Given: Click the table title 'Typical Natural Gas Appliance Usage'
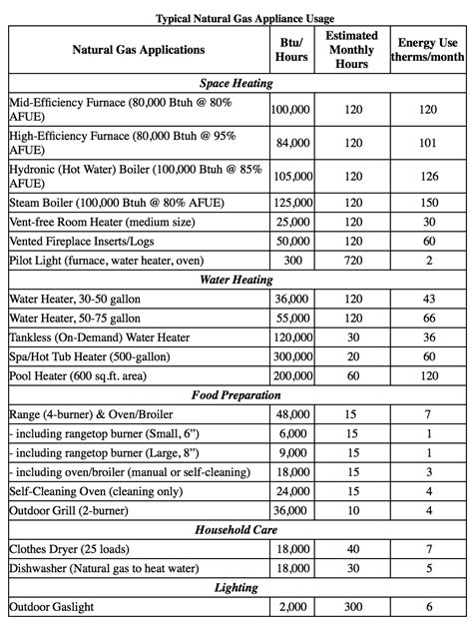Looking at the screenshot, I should (x=236, y=18).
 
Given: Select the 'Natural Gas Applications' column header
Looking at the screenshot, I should (x=139, y=49).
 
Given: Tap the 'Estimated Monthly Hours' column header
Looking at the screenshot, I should (x=352, y=49).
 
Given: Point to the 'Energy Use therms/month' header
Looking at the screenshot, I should (x=427, y=50).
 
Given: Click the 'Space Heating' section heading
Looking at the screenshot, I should (x=236, y=84).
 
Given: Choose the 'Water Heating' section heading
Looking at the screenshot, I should (x=236, y=280).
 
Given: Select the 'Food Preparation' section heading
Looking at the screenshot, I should (x=236, y=394).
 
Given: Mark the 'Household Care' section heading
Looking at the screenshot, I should (x=236, y=530).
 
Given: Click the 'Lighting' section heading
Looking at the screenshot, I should (x=236, y=588).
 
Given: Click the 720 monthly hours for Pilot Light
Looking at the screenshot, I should (x=352, y=261).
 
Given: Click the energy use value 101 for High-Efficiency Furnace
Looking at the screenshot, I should (x=427, y=143).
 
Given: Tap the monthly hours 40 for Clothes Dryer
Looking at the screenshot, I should (x=352, y=549).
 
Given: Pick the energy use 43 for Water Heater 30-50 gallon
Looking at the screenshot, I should (x=427, y=300).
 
